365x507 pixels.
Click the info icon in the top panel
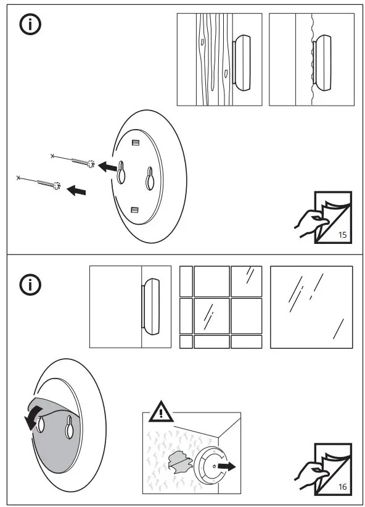coord(29,25)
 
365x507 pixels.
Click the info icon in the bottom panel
coord(29,285)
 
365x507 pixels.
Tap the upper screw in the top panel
coord(73,161)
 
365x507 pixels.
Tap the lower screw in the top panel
coord(39,182)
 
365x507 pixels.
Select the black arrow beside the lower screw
coord(76,191)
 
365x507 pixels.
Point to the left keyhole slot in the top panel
coord(121,174)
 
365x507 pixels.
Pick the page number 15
coord(343,235)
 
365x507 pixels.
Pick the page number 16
coord(343,487)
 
